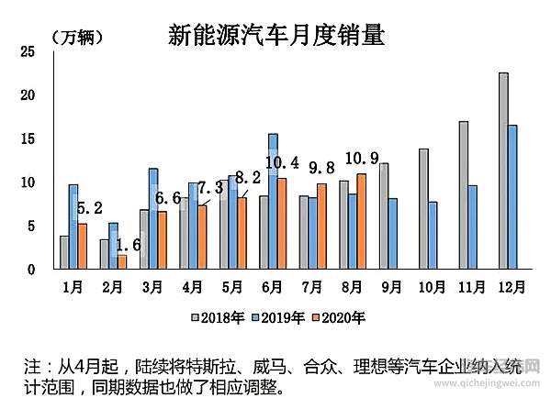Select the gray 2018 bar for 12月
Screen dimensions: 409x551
pos(503,171)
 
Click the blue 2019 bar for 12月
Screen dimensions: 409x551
pos(512,197)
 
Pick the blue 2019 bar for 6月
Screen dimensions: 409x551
pos(273,201)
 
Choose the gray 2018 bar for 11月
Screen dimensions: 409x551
pos(464,194)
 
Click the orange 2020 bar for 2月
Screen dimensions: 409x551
pos(122,261)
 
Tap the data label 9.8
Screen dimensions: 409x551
pos(320,168)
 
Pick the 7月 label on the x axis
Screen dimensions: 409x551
pos(312,286)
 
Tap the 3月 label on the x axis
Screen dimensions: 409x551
pos(152,286)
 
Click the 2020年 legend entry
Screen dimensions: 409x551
pos(340,317)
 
